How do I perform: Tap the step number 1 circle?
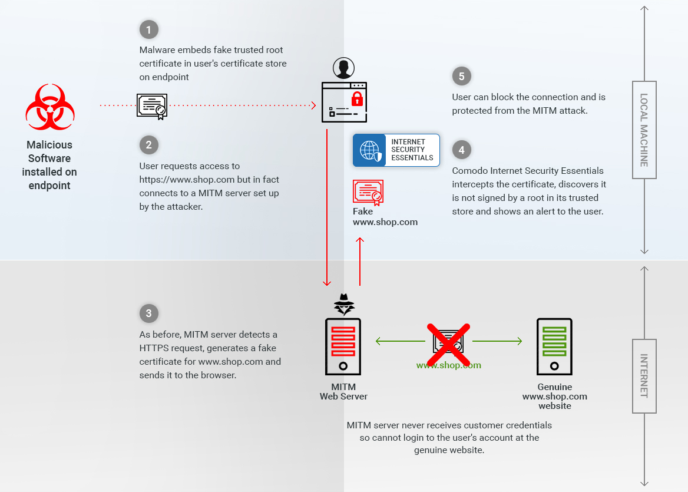(x=148, y=29)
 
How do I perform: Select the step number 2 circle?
(x=148, y=145)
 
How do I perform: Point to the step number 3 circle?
(x=148, y=313)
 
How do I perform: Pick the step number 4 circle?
(x=462, y=150)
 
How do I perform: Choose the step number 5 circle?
(x=462, y=76)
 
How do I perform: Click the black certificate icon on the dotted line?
(x=152, y=106)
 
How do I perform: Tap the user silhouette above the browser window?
(x=344, y=68)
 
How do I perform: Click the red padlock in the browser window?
(x=356, y=98)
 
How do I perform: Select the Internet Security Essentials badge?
(x=396, y=150)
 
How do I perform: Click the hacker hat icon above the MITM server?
(x=344, y=304)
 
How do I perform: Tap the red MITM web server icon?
(x=343, y=347)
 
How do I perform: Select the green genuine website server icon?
(x=554, y=347)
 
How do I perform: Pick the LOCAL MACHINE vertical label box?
(x=644, y=130)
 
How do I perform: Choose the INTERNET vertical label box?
(x=644, y=376)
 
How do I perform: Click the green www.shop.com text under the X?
(x=448, y=365)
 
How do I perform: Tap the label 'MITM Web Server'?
(x=343, y=392)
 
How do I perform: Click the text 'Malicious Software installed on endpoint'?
(x=49, y=165)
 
